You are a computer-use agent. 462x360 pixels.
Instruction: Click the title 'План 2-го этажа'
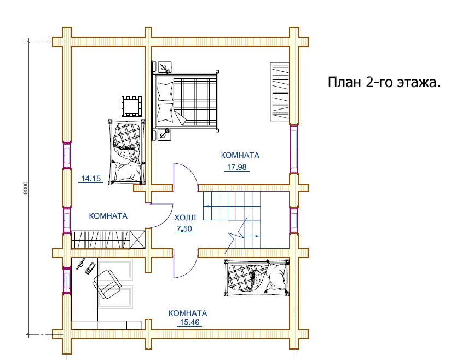384,82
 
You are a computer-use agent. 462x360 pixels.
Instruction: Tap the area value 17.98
236,167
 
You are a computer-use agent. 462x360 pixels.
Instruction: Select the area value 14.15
91,179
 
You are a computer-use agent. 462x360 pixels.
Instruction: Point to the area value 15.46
189,322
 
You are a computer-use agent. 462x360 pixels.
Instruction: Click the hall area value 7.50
184,229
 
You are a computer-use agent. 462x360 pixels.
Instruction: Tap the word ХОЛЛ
184,218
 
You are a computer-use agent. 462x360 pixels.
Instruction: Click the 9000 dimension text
25,188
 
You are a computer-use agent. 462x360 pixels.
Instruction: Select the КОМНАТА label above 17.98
240,156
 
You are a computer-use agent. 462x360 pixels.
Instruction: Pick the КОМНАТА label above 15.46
188,313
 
